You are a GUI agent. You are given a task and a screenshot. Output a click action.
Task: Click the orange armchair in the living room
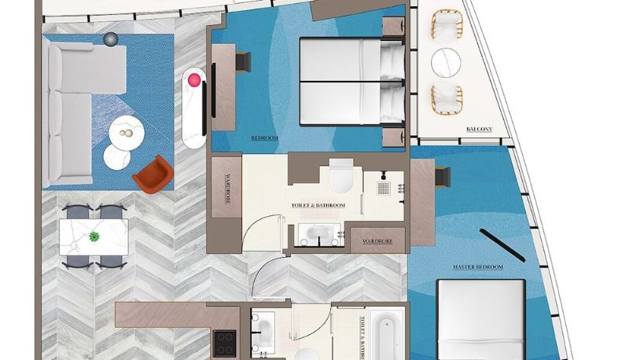pos(153,175)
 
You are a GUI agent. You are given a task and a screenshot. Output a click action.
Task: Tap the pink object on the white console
pos(193,80)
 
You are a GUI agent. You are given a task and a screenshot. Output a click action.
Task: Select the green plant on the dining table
pos(94,237)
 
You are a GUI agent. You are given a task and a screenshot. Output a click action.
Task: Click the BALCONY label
pos(480,130)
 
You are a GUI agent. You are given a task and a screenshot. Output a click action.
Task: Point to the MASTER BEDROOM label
pos(478,267)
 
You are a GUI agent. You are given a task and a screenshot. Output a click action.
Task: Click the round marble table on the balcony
pos(446,63)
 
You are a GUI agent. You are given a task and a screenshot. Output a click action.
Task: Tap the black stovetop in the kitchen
pos(224,343)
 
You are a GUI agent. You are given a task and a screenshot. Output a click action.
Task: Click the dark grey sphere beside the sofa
pos(111,39)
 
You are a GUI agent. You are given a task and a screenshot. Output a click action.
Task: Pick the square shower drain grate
pos(384,188)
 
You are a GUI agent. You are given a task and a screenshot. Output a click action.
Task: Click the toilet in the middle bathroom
pos(341,175)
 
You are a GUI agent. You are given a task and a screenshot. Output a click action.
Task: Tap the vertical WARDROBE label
pos(227,189)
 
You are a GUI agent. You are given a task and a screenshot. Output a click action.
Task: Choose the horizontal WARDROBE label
pos(377,241)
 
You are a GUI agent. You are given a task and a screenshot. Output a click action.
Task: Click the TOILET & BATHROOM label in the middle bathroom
pos(318,205)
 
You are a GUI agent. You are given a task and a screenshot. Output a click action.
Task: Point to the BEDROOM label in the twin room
pos(265,138)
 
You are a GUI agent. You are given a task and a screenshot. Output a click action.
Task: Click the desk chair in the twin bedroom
pos(243,62)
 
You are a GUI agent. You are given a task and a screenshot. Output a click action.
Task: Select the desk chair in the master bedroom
pos(443,177)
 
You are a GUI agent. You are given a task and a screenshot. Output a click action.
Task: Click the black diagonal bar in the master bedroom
pos(502,246)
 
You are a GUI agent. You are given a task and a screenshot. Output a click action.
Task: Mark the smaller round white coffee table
pos(116,156)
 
